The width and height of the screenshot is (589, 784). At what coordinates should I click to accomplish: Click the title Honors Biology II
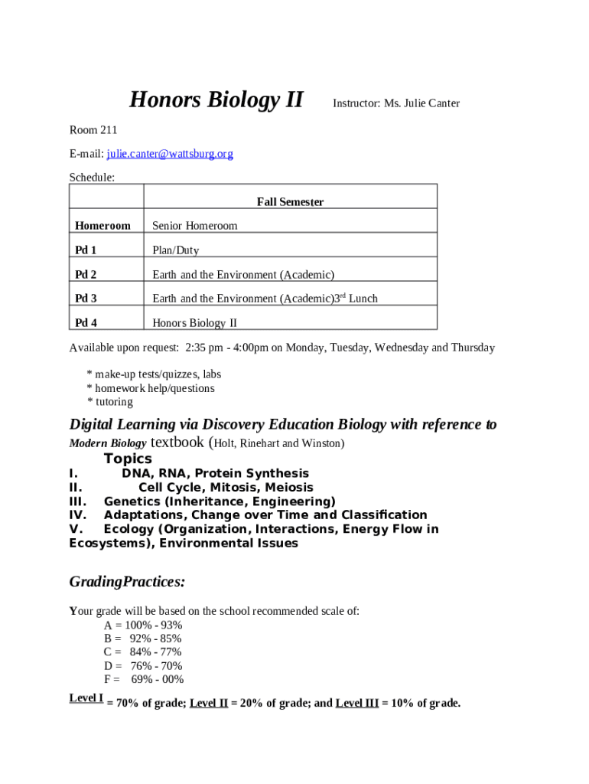point(216,100)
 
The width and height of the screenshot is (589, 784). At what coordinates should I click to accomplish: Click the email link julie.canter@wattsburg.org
point(170,154)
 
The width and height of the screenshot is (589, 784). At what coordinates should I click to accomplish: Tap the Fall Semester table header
point(290,202)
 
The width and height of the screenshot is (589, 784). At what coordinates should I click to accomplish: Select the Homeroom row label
point(103,226)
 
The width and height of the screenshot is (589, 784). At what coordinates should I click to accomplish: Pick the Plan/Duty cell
point(175,250)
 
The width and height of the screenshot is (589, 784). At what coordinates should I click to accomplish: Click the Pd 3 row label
point(86,299)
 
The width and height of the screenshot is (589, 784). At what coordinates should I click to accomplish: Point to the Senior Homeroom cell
point(195,226)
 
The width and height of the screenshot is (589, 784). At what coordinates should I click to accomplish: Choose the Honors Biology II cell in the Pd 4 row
point(194,323)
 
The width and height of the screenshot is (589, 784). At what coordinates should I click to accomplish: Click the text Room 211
point(93,130)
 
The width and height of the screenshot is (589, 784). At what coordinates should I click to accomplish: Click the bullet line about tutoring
point(110,402)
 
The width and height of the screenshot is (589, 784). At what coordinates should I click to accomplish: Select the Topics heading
point(128,459)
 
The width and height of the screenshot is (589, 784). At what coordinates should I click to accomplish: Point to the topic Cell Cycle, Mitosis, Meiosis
point(226,488)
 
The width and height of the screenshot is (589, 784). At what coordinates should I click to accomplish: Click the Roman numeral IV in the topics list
point(78,515)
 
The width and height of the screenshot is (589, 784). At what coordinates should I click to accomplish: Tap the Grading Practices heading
point(127,582)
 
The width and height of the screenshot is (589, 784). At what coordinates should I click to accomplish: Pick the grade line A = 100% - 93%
point(143,625)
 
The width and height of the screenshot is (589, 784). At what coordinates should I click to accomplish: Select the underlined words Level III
point(356,704)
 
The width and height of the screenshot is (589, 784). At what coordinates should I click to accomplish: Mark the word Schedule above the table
point(92,178)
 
